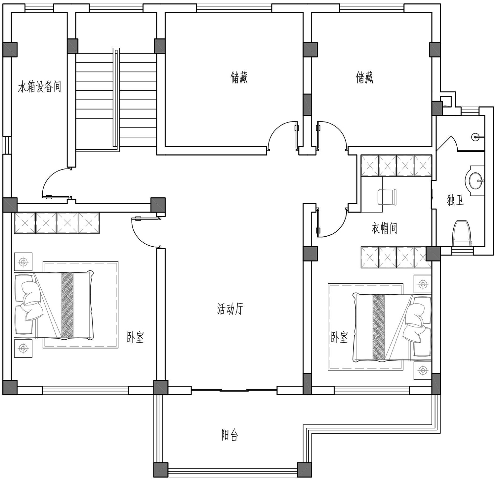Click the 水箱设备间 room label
[40, 87]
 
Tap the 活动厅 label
[230, 309]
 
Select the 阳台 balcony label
[229, 435]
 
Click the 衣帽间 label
[384, 228]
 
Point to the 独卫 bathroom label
[456, 200]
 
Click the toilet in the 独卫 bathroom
[462, 234]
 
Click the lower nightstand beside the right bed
[423, 370]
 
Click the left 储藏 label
[239, 78]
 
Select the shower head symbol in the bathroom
[475, 136]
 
